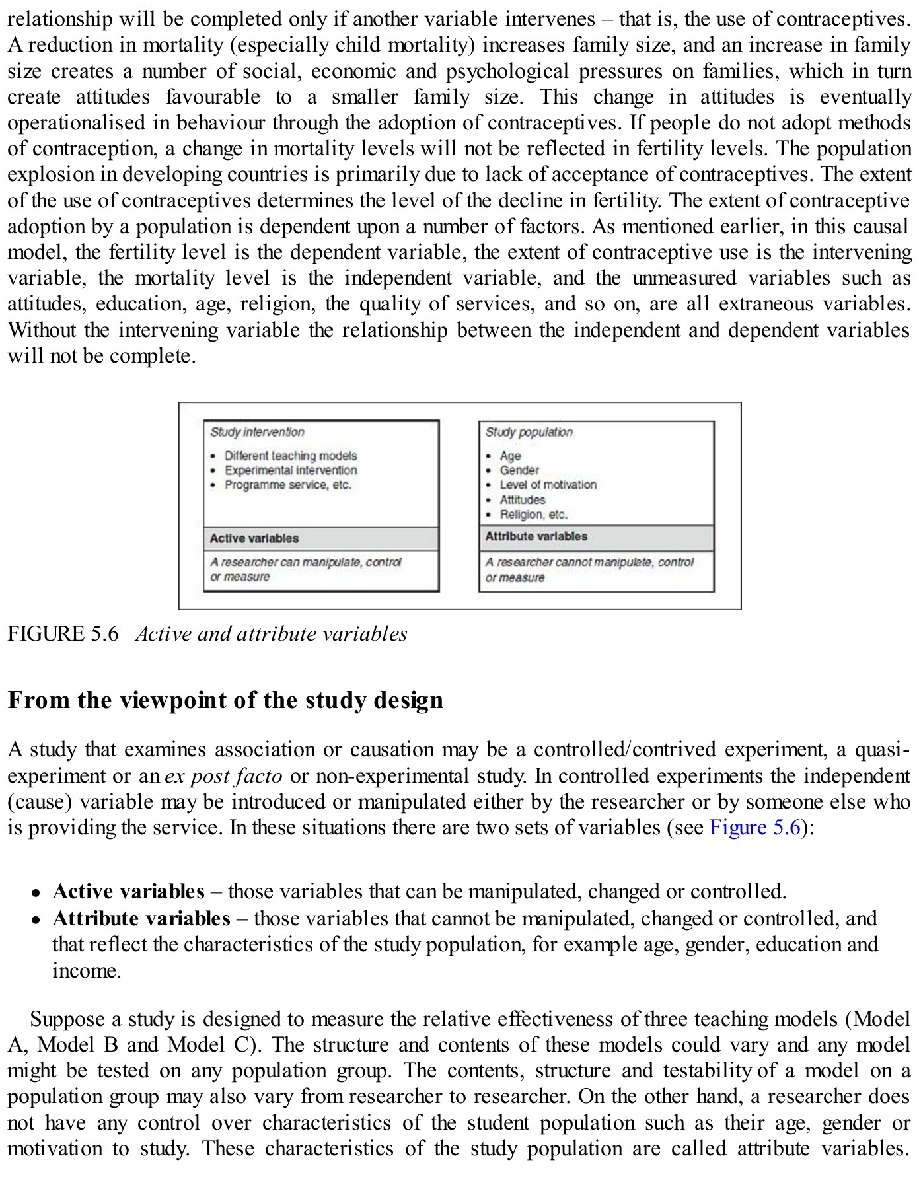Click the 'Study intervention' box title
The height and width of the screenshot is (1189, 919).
click(257, 432)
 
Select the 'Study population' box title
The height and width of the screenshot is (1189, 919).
click(529, 432)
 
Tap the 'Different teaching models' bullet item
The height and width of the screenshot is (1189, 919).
click(290, 456)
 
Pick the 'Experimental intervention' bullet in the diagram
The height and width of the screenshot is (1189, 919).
click(290, 470)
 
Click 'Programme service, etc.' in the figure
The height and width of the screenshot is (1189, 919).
click(287, 485)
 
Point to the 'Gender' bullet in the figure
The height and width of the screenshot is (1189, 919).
click(519, 470)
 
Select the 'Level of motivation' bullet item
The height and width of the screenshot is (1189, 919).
click(548, 485)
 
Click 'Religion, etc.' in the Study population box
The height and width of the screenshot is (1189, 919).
click(533, 515)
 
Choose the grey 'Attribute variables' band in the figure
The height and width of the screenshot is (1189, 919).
click(596, 537)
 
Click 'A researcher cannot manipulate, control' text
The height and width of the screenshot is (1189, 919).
click(589, 562)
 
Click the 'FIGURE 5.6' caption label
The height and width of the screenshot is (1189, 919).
click(63, 634)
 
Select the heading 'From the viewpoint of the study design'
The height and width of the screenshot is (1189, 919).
click(225, 700)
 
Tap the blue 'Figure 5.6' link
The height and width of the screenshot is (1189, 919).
click(755, 828)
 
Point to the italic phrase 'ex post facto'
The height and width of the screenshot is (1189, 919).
click(223, 776)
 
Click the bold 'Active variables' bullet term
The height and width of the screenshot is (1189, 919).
click(128, 892)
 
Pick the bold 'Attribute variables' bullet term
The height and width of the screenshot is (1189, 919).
click(141, 919)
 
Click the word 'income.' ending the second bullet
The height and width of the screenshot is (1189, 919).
click(87, 971)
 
